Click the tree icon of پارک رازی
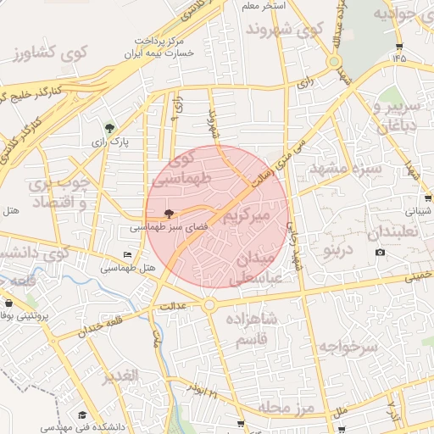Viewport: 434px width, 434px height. [x=109, y=128]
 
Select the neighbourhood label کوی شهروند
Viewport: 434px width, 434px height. [x=286, y=29]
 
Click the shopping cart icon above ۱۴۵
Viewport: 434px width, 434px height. [x=399, y=47]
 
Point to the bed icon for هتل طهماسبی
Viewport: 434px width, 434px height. [x=128, y=255]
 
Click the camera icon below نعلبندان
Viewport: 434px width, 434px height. [x=380, y=252]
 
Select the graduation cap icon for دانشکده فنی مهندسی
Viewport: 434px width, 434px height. [x=82, y=415]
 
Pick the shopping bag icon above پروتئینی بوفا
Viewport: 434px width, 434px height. [x=9, y=303]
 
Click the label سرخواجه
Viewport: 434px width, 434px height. [x=347, y=346]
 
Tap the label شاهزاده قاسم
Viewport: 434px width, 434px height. [x=252, y=328]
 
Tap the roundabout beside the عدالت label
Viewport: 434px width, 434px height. [x=209, y=305]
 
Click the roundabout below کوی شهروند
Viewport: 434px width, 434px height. [x=335, y=62]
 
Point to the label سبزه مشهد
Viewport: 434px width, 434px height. [x=345, y=168]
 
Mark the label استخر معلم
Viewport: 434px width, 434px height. [x=261, y=6]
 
